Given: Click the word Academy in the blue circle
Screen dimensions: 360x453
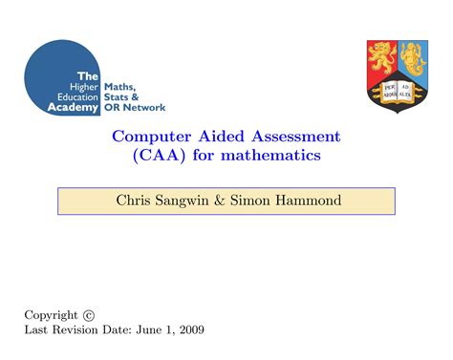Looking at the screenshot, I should [73, 108].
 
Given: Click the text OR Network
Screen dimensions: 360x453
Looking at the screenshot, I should [135, 108].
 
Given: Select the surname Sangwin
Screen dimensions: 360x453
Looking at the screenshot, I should [189, 201].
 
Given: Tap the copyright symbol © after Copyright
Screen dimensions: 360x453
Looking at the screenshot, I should [89, 315].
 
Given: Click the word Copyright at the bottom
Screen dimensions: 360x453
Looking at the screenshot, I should [51, 315].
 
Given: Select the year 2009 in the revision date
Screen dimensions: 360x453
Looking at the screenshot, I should [188, 330].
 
